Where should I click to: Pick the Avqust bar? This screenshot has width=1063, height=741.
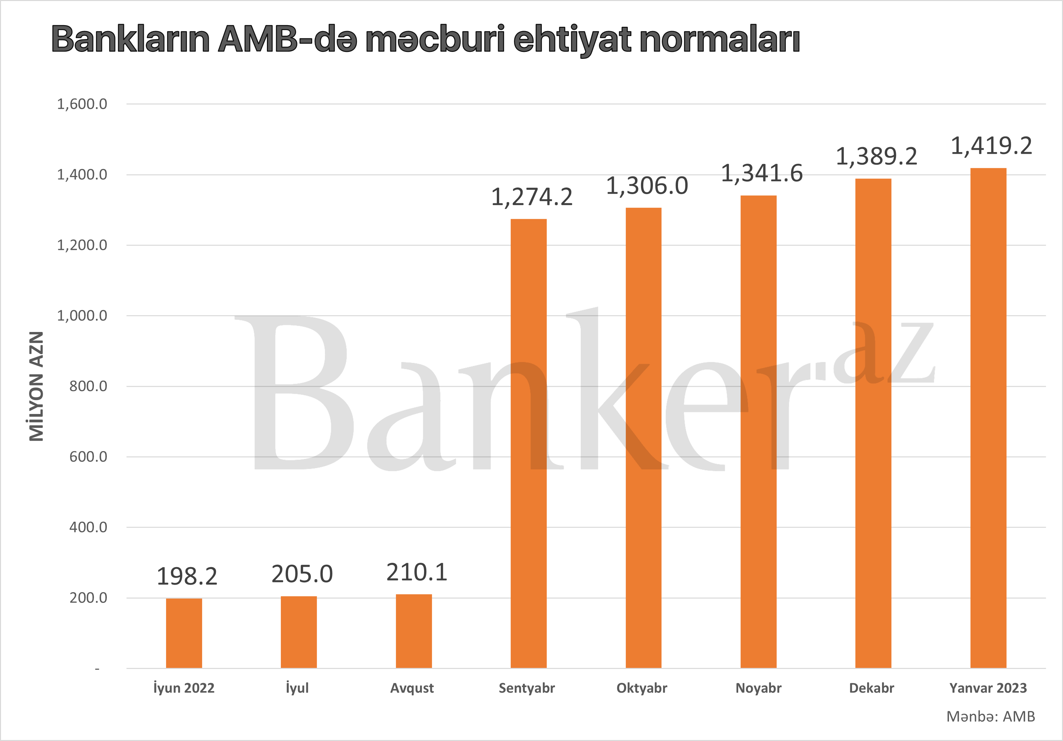point(413,631)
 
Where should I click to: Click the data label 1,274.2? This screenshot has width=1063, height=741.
point(531,197)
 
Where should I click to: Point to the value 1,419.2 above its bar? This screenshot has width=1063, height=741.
point(991,146)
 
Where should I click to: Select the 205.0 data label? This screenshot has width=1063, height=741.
point(302,574)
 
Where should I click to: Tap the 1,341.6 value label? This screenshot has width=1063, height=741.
point(762,174)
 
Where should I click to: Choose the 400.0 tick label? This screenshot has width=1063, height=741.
point(88,527)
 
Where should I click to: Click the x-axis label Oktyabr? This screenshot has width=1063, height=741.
point(642,688)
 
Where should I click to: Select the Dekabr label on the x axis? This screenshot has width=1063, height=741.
point(871,688)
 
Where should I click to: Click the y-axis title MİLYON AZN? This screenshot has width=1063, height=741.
point(36,386)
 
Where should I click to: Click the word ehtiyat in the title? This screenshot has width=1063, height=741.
point(572,40)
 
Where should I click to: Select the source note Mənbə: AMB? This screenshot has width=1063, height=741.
point(990,717)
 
